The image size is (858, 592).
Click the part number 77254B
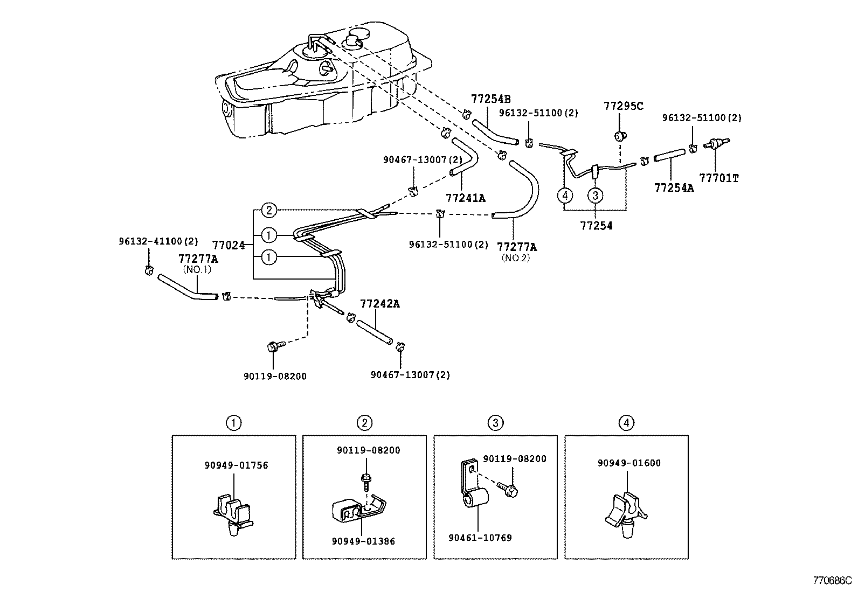[x=490, y=99]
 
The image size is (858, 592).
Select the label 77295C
[x=624, y=106]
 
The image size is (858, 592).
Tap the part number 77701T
[x=718, y=178]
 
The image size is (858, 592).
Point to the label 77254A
[x=674, y=187]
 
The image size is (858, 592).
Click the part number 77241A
[x=466, y=198]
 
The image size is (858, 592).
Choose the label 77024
[x=229, y=246]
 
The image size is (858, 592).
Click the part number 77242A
[x=380, y=304]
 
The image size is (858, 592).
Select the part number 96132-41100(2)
[x=158, y=241]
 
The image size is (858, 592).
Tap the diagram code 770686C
[x=832, y=581]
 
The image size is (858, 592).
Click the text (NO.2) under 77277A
[x=516, y=258]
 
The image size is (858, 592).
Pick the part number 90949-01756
[x=236, y=465]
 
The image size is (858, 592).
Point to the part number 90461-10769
[x=480, y=538]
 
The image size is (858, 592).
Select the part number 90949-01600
[x=629, y=463]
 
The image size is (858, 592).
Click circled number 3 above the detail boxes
[x=495, y=423]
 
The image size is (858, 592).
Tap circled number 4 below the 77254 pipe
[x=564, y=195]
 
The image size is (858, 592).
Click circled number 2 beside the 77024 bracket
[x=270, y=210]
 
